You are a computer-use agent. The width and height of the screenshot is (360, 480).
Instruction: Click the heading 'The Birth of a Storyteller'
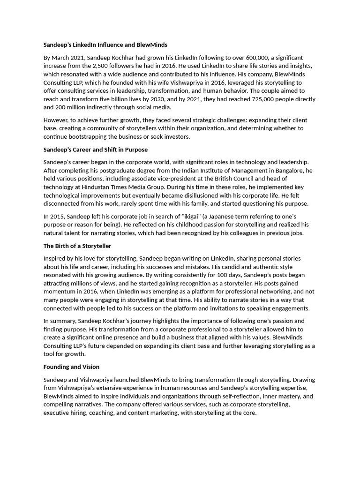[77, 246]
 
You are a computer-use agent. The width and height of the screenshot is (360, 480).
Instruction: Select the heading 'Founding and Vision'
[71, 367]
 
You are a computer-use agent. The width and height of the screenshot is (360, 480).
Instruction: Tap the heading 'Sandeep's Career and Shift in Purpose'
[96, 150]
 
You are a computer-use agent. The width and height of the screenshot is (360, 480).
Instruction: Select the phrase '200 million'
[72, 108]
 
